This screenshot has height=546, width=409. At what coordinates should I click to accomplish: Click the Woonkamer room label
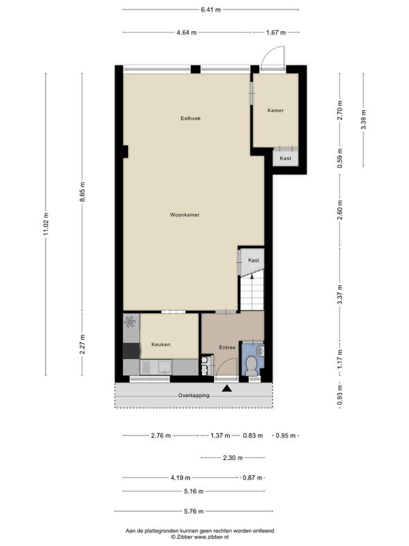point(185,215)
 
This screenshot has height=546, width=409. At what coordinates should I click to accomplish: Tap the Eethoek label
point(191,118)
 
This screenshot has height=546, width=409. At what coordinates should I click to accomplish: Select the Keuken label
point(161,345)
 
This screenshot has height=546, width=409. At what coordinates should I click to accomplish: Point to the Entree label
point(227,347)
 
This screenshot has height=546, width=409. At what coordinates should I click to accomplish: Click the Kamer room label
point(275,111)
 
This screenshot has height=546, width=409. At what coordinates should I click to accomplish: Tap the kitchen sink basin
point(164,367)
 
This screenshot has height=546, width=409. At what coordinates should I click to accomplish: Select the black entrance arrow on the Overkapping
point(227,388)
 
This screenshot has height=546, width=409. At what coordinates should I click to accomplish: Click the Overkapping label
point(194,396)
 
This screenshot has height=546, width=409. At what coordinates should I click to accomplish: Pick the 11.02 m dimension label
point(46,224)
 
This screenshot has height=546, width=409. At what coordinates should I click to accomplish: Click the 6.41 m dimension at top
point(211,10)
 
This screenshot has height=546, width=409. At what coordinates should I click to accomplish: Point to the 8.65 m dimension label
point(82,192)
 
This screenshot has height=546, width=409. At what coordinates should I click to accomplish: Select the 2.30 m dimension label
point(232,457)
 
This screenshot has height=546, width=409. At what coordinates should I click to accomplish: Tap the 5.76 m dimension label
point(194,511)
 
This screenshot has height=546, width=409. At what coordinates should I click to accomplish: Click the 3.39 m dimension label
point(363,119)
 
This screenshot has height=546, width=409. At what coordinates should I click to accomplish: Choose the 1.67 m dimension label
point(276,33)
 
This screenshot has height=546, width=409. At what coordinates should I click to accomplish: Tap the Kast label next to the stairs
point(254,261)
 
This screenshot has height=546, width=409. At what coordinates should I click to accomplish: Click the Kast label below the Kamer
point(286,158)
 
